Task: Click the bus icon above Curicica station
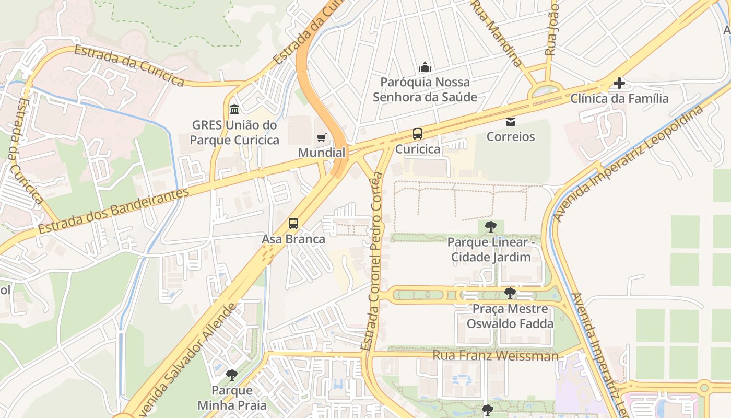(x=418, y=134)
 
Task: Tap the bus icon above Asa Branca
(x=293, y=224)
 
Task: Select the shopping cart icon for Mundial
(x=322, y=138)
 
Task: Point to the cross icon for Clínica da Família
(x=619, y=83)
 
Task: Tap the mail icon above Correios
(x=510, y=122)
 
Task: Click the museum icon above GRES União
(x=234, y=110)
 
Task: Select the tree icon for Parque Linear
(x=490, y=227)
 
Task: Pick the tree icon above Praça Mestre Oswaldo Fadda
(x=510, y=293)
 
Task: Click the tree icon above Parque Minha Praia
(x=231, y=375)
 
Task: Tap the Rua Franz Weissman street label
(x=496, y=356)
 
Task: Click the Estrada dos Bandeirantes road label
(x=113, y=211)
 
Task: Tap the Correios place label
(x=511, y=137)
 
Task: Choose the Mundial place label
(x=322, y=153)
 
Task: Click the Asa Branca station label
(x=293, y=239)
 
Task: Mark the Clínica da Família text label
(x=619, y=98)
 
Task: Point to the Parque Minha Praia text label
(x=232, y=398)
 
